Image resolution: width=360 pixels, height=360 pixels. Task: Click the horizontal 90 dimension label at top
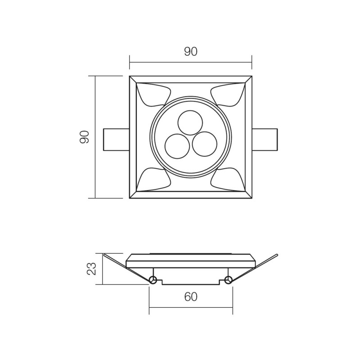191,52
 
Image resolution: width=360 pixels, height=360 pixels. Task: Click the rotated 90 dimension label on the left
85,137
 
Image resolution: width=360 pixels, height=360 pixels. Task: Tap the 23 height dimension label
91,269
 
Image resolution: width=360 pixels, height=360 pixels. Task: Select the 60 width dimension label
191,297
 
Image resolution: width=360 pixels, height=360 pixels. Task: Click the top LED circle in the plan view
190,121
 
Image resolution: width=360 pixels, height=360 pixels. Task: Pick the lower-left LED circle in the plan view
177,145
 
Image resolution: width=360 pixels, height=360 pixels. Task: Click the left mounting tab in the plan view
116,139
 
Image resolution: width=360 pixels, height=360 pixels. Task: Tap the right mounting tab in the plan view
265,139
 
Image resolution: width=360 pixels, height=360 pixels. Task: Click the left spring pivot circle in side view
153,281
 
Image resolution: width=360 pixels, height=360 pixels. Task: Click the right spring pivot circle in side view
228,281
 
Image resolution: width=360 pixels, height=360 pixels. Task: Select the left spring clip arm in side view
126,267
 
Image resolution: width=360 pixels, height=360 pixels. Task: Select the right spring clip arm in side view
255,267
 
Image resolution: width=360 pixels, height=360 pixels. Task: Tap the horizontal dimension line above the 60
191,308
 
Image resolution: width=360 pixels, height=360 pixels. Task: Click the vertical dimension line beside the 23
103,269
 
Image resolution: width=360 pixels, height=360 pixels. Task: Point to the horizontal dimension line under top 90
191,63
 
